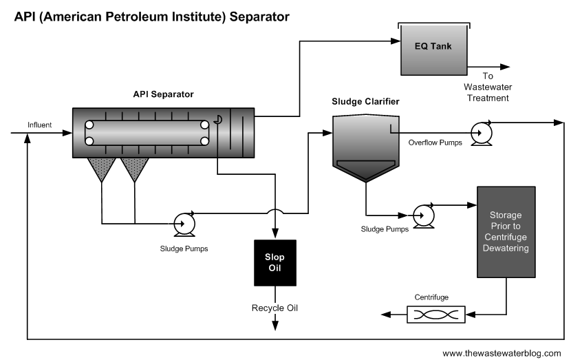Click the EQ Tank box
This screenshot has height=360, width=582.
pos(433,49)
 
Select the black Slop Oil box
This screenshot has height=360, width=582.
pos(274,262)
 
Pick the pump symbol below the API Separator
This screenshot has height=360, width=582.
pos(184,222)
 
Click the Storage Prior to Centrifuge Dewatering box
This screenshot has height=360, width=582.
pos(506,232)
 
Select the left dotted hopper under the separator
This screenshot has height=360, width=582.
pos(102,167)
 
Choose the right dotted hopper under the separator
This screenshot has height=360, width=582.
pos(135,167)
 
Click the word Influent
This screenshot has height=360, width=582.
pos(39,124)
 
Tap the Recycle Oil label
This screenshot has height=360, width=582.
pos(274,307)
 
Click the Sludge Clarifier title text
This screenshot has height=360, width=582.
pos(365,101)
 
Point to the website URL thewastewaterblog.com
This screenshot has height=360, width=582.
pos(502,352)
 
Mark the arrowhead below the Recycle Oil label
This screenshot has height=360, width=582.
pos(275,324)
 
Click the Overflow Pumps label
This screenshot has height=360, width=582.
pos(434,143)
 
